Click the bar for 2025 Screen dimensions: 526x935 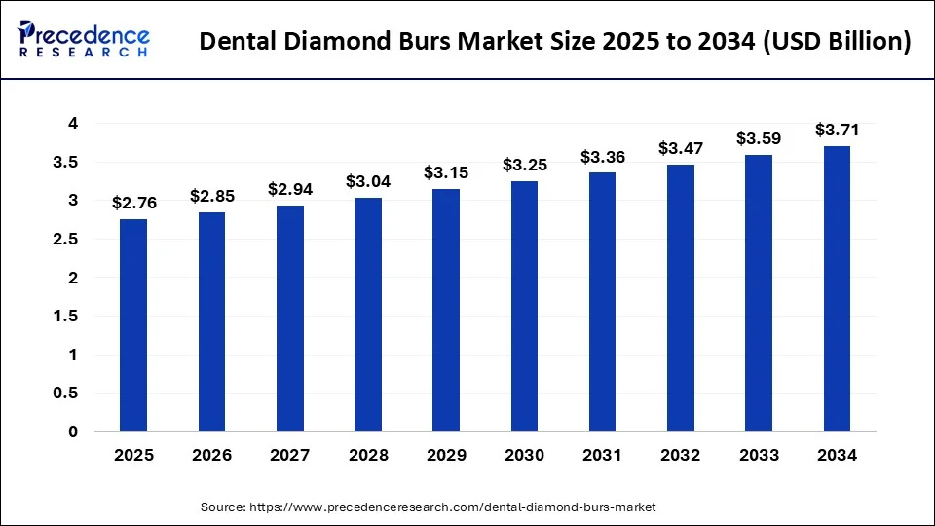tap(134, 325)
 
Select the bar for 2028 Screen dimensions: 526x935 tap(368, 315)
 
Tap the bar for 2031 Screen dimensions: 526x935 tap(603, 302)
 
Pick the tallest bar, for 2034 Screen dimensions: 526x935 tap(837, 288)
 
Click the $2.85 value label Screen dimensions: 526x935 tap(212, 196)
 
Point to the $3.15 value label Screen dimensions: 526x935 tap(446, 172)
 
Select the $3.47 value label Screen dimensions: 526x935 tap(681, 148)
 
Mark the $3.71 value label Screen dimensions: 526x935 tap(837, 130)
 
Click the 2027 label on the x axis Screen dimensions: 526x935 tap(290, 455)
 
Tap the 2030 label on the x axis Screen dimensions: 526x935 tap(524, 455)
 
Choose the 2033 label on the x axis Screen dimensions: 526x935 tap(759, 455)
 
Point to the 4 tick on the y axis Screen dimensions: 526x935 tap(73, 124)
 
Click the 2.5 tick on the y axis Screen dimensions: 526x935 tap(67, 240)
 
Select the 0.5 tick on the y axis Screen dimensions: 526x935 tap(67, 394)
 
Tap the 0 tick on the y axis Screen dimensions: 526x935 tap(73, 432)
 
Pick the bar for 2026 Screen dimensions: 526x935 tap(212, 321)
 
